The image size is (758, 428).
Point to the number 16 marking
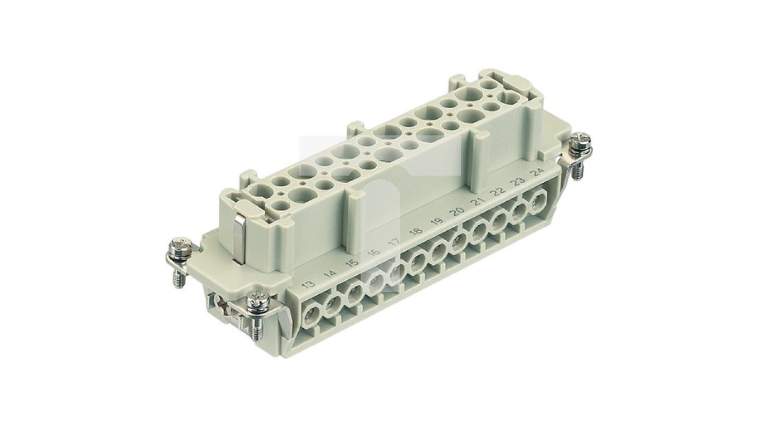(373, 252)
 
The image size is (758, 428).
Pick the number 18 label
(415, 231)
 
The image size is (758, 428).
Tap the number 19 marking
(436, 221)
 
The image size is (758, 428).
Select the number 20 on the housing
(457, 211)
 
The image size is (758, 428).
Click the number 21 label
(477, 201)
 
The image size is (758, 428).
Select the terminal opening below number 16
(377, 279)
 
